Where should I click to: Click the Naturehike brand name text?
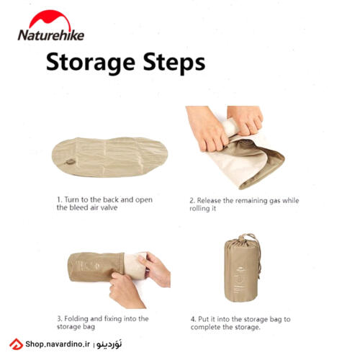click(x=51, y=35)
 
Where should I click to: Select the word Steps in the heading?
click(x=174, y=63)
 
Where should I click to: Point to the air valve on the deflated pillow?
click(x=70, y=162)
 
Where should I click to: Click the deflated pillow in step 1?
click(x=109, y=157)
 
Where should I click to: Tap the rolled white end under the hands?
click(x=230, y=127)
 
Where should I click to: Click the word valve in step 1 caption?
click(x=109, y=207)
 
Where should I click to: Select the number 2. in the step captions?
click(x=192, y=201)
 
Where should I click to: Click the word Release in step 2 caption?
click(x=209, y=201)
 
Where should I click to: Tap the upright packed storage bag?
click(x=241, y=269)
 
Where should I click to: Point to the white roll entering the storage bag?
click(x=135, y=265)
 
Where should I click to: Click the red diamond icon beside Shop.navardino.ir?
click(x=16, y=344)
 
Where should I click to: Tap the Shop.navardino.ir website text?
click(x=58, y=344)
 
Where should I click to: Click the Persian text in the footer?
click(x=109, y=344)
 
